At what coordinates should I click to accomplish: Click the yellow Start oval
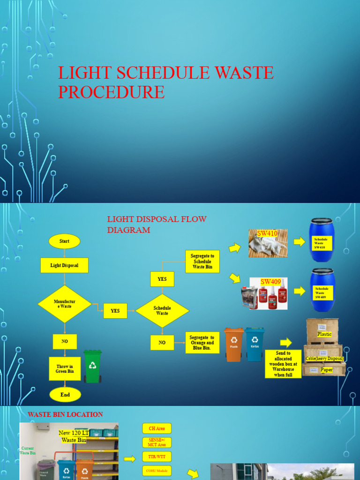(x=64, y=241)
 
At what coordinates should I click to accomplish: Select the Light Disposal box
(x=64, y=265)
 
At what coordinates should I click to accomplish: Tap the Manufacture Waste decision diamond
(x=65, y=304)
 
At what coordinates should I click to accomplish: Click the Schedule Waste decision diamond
(x=162, y=310)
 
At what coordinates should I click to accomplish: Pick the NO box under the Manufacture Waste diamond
(x=65, y=342)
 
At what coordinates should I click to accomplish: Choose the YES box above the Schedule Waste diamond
(x=162, y=279)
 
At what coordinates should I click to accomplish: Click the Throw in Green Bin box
(x=65, y=368)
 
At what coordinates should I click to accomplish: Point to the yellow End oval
(x=65, y=395)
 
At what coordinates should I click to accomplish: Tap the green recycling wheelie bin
(x=92, y=366)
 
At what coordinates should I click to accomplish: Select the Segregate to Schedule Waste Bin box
(x=202, y=262)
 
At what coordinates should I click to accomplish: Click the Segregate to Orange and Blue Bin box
(x=202, y=343)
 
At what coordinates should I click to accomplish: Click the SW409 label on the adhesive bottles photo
(x=270, y=282)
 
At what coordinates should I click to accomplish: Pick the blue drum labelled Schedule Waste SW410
(x=322, y=240)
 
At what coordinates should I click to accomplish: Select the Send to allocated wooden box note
(x=283, y=364)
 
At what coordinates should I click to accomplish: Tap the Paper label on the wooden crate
(x=326, y=370)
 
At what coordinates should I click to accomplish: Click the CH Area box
(x=157, y=428)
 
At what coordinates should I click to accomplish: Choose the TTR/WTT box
(x=157, y=457)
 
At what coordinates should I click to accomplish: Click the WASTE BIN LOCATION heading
(x=65, y=414)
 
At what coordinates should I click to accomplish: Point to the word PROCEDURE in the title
(x=112, y=92)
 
